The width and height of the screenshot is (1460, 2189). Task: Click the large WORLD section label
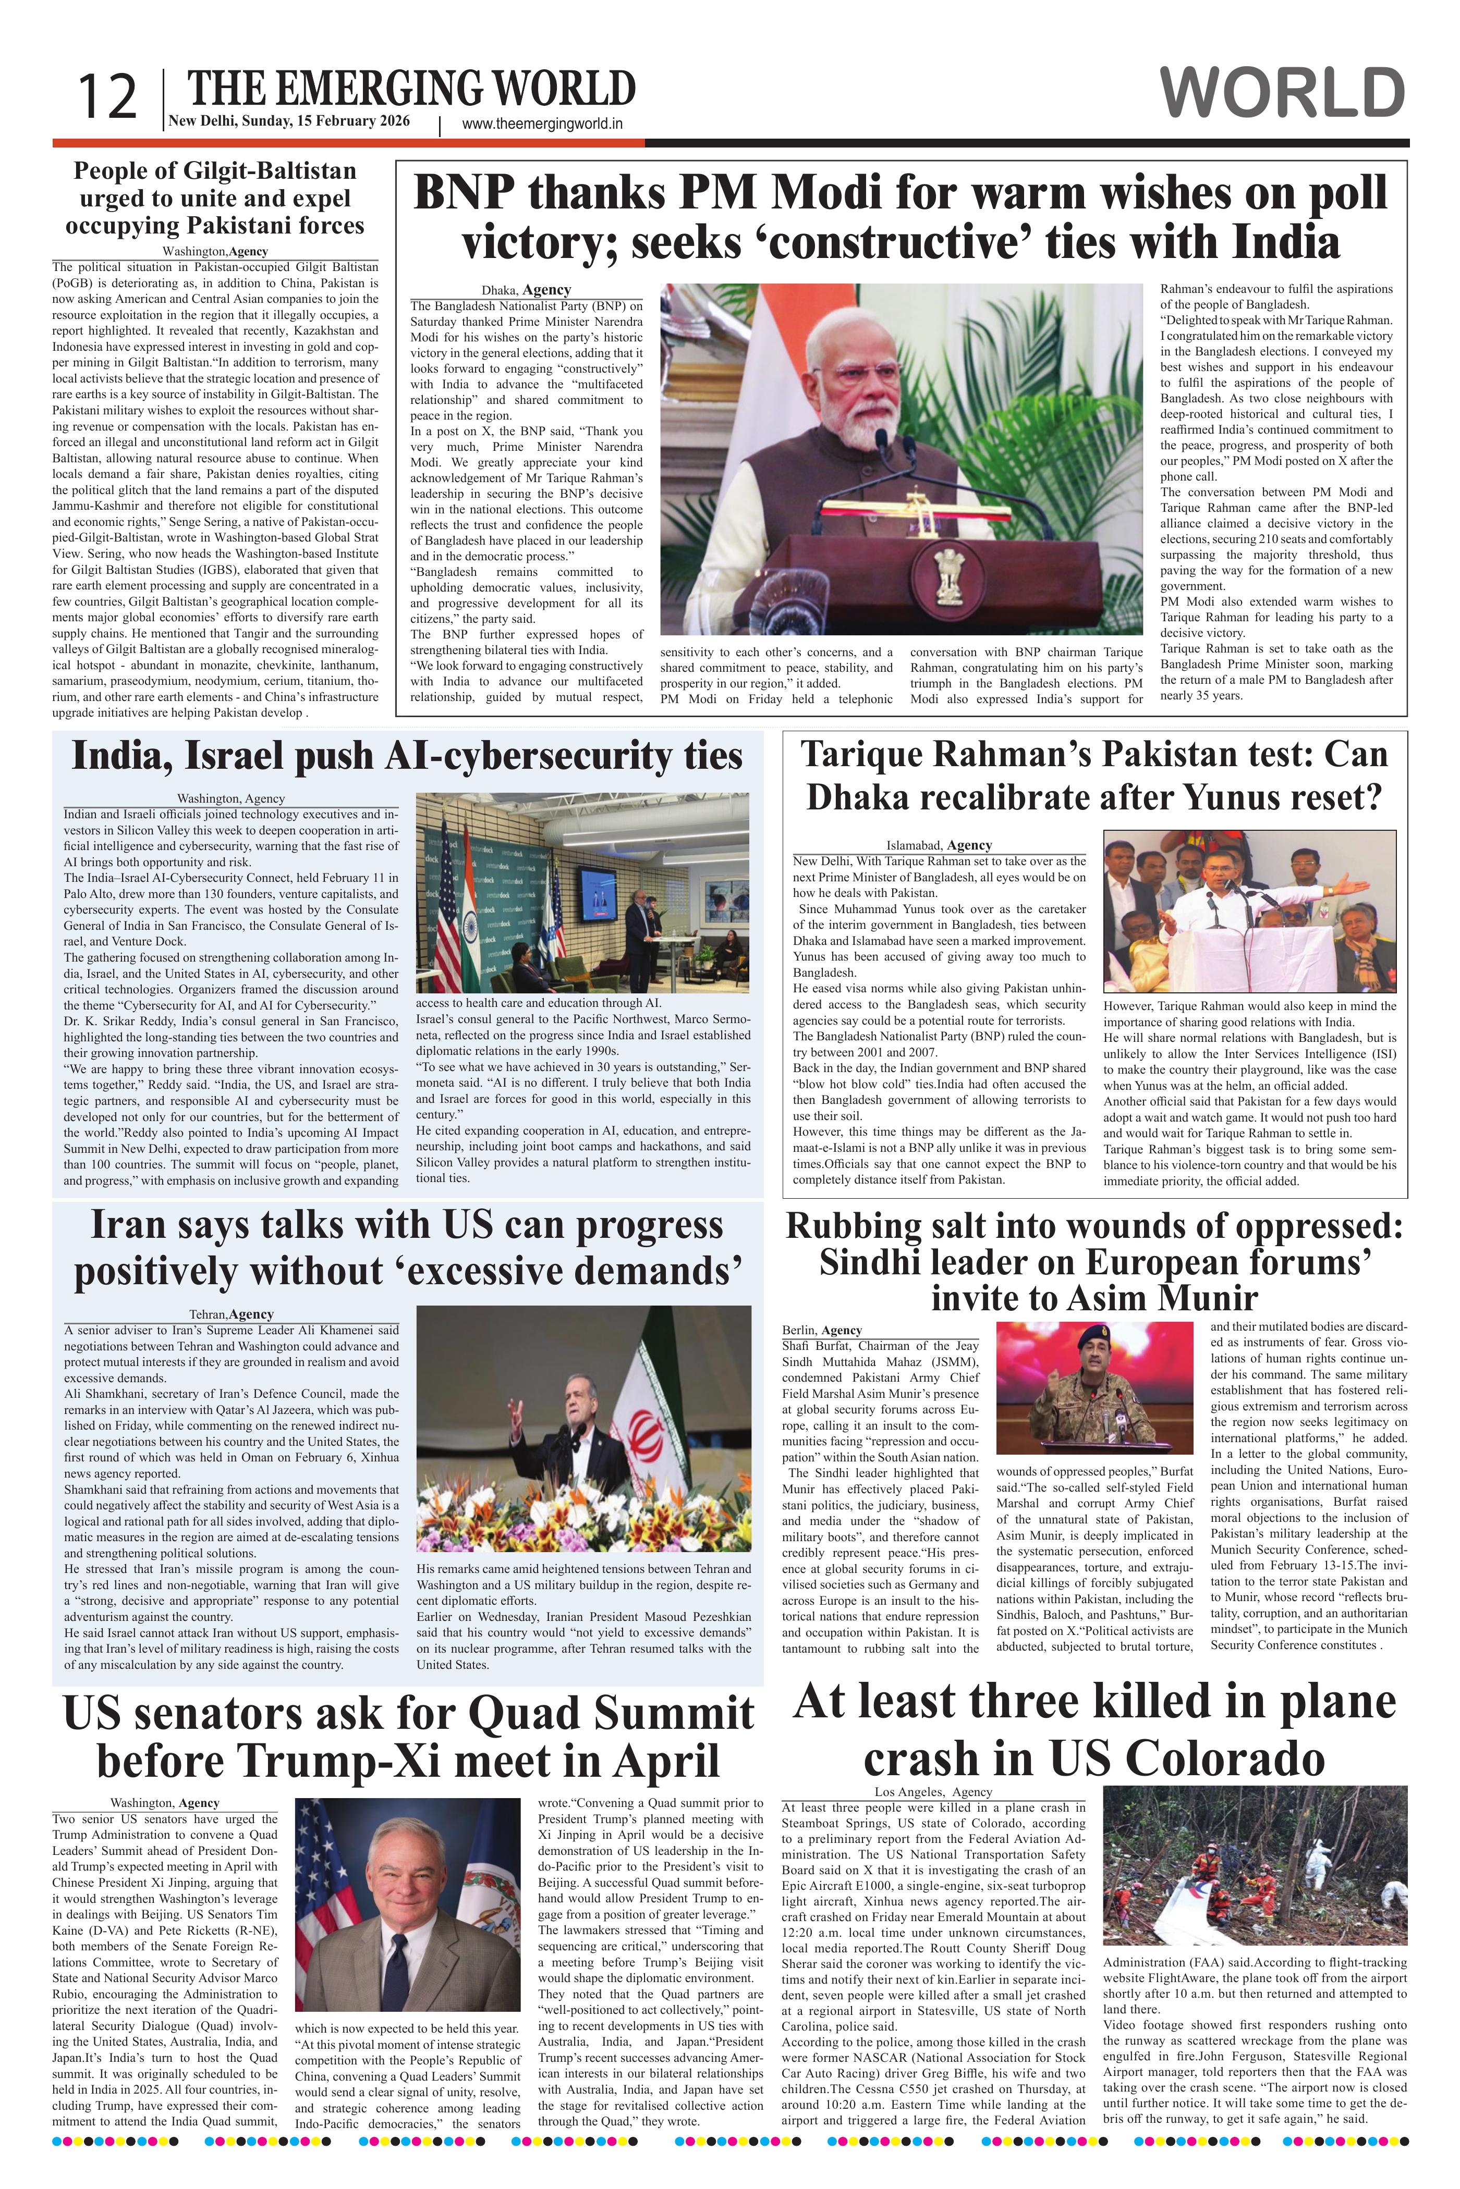click(x=1283, y=94)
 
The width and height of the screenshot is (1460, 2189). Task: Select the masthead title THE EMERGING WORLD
click(x=411, y=89)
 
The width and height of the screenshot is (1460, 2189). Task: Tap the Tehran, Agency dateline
click(x=231, y=1314)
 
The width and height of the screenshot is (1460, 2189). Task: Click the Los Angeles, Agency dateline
click(x=933, y=1792)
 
